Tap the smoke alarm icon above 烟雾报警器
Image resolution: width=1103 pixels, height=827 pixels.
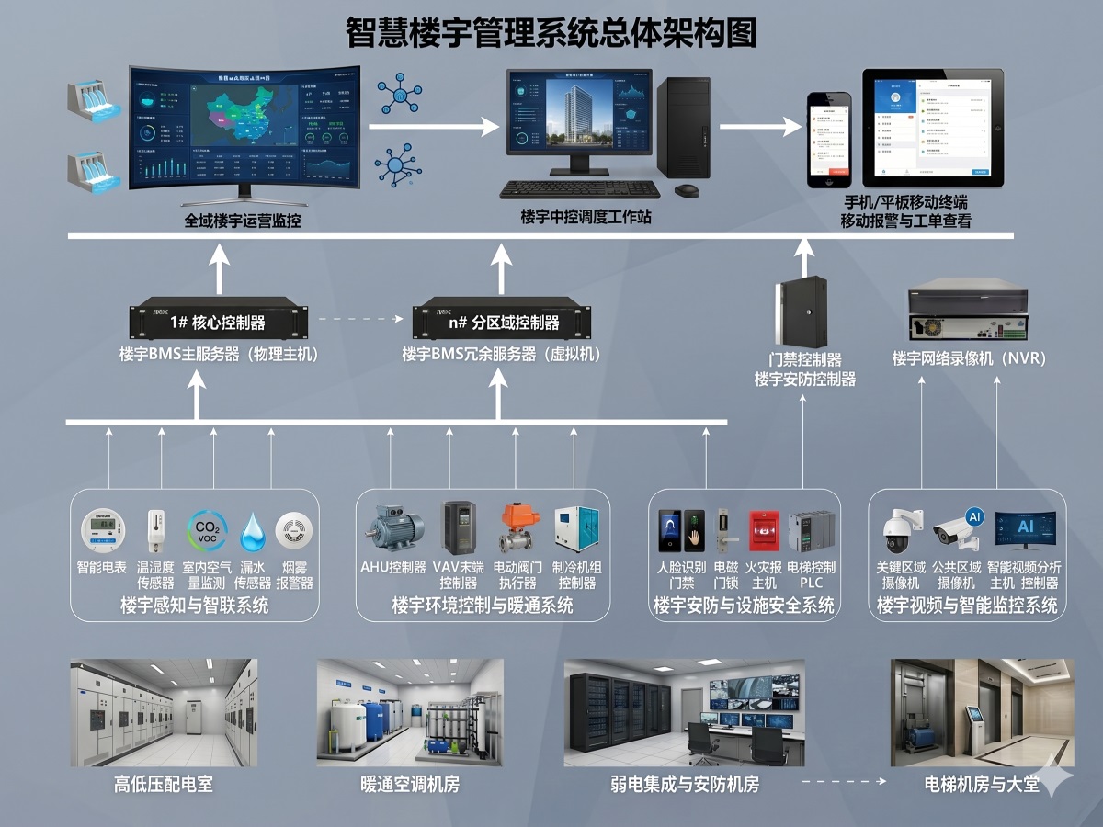(294, 531)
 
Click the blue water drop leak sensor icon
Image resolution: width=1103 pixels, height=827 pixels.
(252, 532)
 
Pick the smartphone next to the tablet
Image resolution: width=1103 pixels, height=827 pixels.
(829, 139)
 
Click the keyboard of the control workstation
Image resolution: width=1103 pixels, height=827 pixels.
(579, 189)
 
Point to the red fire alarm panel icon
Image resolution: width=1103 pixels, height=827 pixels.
(763, 530)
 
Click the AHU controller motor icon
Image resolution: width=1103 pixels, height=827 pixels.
(394, 528)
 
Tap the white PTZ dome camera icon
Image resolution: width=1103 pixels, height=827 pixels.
(896, 530)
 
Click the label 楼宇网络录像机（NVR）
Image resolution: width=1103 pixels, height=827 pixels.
(969, 358)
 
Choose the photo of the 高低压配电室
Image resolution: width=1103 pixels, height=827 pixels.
(164, 712)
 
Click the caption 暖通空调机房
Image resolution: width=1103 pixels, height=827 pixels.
(410, 784)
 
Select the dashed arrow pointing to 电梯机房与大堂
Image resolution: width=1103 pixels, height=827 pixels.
(843, 782)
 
